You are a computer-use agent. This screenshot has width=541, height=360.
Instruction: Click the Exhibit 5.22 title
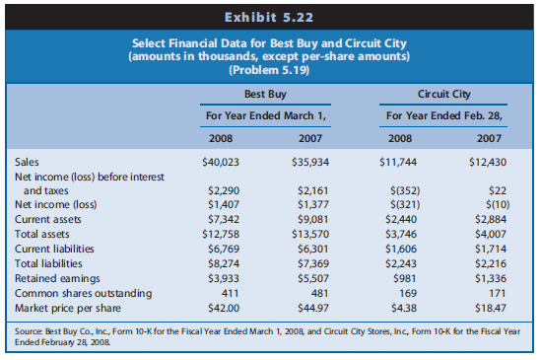[271, 16]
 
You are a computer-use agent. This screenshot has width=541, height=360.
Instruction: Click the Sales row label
[30, 160]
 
